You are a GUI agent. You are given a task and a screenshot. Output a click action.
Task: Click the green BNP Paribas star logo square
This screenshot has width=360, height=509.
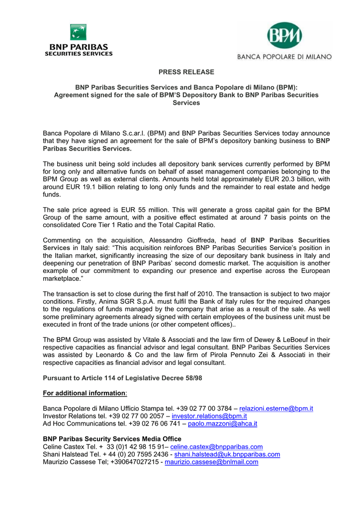(x=78, y=32)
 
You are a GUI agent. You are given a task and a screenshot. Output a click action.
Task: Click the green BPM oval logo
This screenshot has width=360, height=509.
(x=284, y=35)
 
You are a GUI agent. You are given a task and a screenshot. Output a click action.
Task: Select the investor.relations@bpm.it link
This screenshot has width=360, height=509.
(x=209, y=416)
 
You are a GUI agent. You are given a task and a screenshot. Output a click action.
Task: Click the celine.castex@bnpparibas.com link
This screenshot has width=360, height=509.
(x=216, y=447)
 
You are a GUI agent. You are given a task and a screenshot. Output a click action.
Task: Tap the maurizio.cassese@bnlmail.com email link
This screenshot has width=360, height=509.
(x=211, y=462)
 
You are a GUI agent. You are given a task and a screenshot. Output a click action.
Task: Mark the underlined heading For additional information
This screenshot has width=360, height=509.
(x=84, y=393)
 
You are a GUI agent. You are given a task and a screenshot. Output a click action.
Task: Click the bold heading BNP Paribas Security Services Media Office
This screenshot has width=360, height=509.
(x=112, y=439)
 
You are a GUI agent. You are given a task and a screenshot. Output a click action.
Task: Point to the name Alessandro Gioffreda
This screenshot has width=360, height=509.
(x=181, y=240)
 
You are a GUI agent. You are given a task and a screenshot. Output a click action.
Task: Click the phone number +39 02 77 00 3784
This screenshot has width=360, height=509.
(x=199, y=408)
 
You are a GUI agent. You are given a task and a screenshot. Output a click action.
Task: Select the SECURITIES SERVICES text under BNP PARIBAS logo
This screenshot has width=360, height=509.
(x=80, y=54)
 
